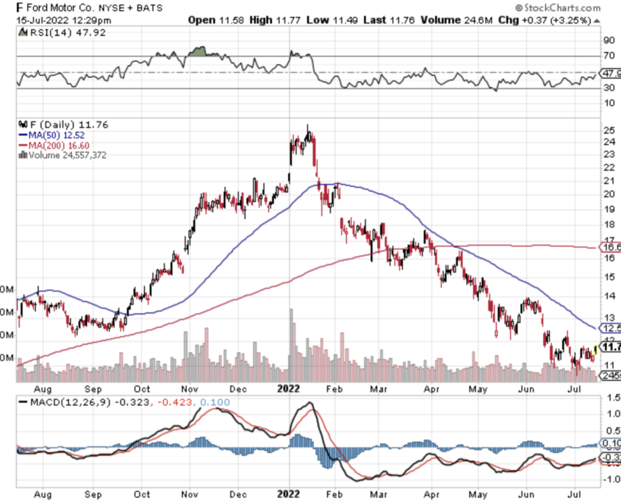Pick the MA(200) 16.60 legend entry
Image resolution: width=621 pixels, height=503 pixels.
[53, 145]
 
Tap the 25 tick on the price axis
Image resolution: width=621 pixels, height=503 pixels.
[608, 131]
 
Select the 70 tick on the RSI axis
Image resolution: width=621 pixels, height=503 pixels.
[609, 56]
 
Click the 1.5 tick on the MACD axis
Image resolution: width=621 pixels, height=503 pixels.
[610, 396]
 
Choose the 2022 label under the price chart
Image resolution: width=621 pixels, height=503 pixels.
[290, 388]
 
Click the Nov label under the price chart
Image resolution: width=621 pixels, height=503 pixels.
[191, 388]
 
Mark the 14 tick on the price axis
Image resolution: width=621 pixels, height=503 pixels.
[608, 296]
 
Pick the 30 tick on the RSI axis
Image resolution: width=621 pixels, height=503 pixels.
[609, 88]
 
